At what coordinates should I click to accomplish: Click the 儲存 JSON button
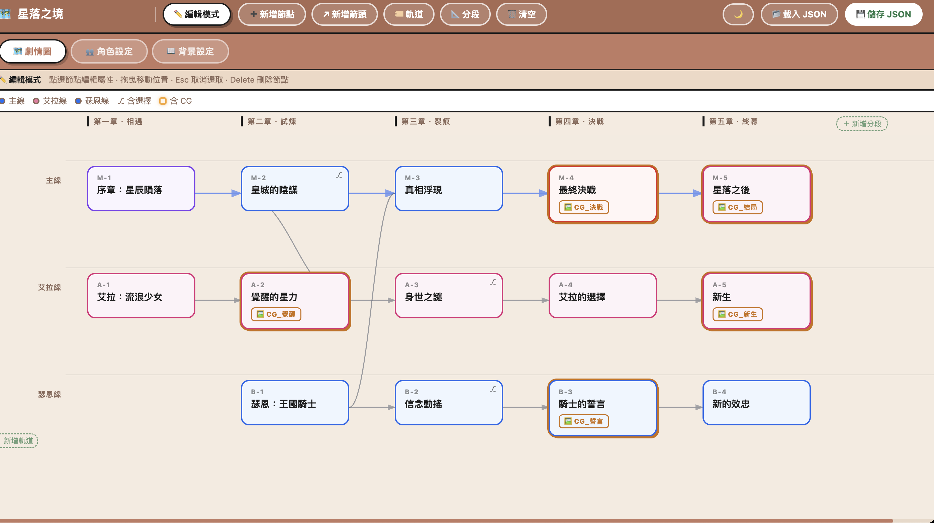[x=883, y=14]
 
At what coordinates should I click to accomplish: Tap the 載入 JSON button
[x=799, y=14]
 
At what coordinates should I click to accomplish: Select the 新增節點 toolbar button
[x=272, y=14]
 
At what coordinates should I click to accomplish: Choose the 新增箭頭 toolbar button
[x=345, y=14]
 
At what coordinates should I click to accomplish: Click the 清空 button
[x=522, y=14]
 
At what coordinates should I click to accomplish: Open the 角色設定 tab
[x=109, y=51]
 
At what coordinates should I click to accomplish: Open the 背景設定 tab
[x=190, y=51]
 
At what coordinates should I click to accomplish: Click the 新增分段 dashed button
[x=862, y=124]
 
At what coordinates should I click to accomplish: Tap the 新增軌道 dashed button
[x=18, y=441]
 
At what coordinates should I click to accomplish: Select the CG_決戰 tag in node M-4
[x=584, y=207]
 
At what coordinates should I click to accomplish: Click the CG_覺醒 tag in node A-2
[x=276, y=314]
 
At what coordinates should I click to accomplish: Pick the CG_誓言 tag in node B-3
[x=584, y=421]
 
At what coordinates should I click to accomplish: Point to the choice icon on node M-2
[x=339, y=176]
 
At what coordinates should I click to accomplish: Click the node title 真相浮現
[x=423, y=190]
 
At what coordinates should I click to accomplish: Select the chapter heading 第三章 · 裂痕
[x=425, y=121]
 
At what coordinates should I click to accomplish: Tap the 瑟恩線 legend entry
[x=92, y=101]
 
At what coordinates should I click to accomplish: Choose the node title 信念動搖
[x=423, y=404]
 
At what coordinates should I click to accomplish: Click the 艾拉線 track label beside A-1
[x=49, y=287]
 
